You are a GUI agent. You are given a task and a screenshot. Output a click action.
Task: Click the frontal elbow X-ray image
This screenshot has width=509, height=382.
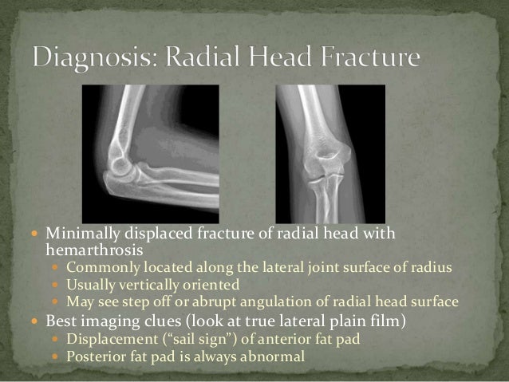click(330, 154)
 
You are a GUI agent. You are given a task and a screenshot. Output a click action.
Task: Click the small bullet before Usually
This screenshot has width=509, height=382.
click(57, 285)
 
